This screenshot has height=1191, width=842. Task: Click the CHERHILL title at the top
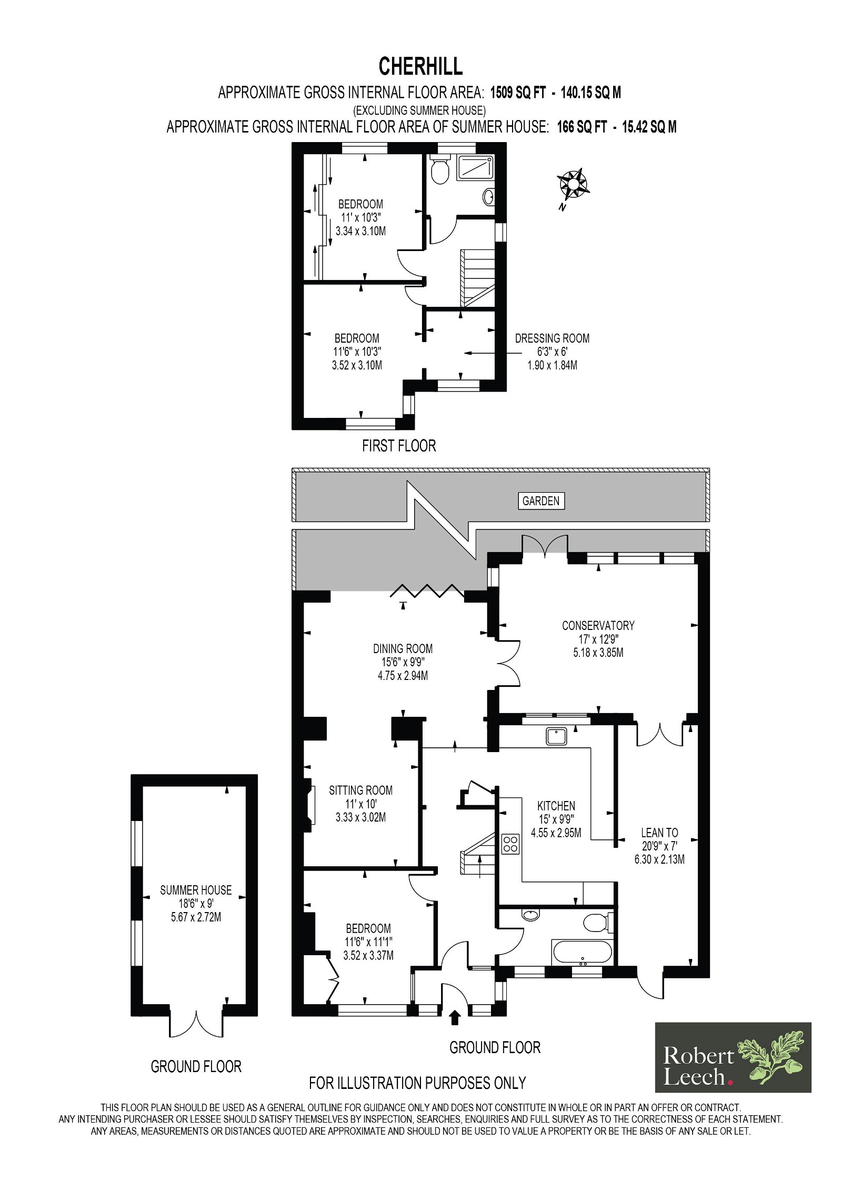point(420,67)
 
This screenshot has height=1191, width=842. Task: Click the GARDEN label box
point(541,501)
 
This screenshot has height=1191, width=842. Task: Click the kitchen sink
point(556,735)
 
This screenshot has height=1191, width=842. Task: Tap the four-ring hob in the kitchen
point(510,844)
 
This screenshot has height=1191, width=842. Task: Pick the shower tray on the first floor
point(475,168)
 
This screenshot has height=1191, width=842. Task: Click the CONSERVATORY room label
point(598,626)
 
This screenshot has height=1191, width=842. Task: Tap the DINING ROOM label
point(403,649)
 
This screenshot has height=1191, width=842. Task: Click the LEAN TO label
point(659,833)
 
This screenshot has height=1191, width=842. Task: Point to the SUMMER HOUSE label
point(196,890)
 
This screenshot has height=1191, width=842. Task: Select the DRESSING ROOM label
point(552,338)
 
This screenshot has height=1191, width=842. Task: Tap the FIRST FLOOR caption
point(399,446)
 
